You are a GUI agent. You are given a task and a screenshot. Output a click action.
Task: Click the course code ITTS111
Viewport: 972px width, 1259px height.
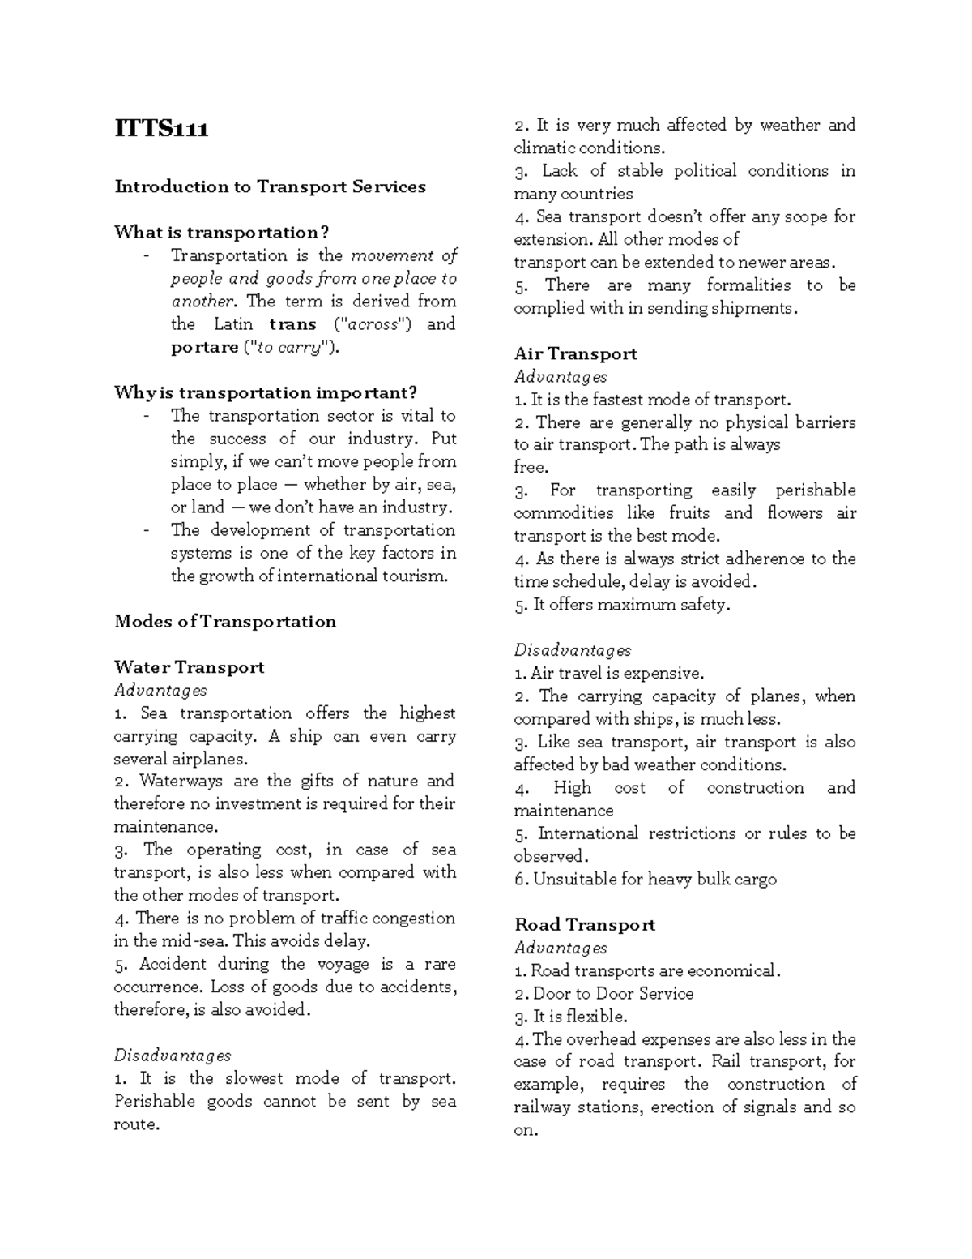pos(161,129)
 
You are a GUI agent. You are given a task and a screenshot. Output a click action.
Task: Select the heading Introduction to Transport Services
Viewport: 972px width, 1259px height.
pos(270,186)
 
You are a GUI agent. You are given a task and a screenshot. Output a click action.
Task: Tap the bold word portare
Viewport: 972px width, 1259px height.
pos(204,347)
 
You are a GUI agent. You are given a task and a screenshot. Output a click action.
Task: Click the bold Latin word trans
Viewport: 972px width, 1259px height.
pos(292,324)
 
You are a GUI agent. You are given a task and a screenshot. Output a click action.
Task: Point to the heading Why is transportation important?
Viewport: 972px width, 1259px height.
pos(266,393)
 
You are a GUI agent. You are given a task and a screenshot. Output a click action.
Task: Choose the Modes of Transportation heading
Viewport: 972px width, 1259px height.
pos(225,622)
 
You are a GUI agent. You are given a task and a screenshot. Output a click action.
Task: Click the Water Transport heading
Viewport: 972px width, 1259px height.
pos(189,667)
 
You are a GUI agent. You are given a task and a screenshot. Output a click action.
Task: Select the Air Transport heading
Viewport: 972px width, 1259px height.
pos(575,353)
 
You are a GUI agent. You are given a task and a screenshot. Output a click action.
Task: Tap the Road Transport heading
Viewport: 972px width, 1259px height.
pos(585,925)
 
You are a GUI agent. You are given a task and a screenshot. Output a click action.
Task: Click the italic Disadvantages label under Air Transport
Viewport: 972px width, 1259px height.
pos(572,650)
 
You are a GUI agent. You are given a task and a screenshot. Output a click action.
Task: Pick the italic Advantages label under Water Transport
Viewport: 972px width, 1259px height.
pos(160,691)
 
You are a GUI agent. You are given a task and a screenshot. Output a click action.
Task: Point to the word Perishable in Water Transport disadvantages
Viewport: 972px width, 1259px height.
pos(154,1101)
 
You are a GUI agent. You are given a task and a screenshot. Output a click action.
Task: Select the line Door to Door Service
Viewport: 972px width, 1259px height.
pos(612,994)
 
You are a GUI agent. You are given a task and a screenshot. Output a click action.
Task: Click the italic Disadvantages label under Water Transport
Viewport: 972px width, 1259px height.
pos(173,1056)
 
